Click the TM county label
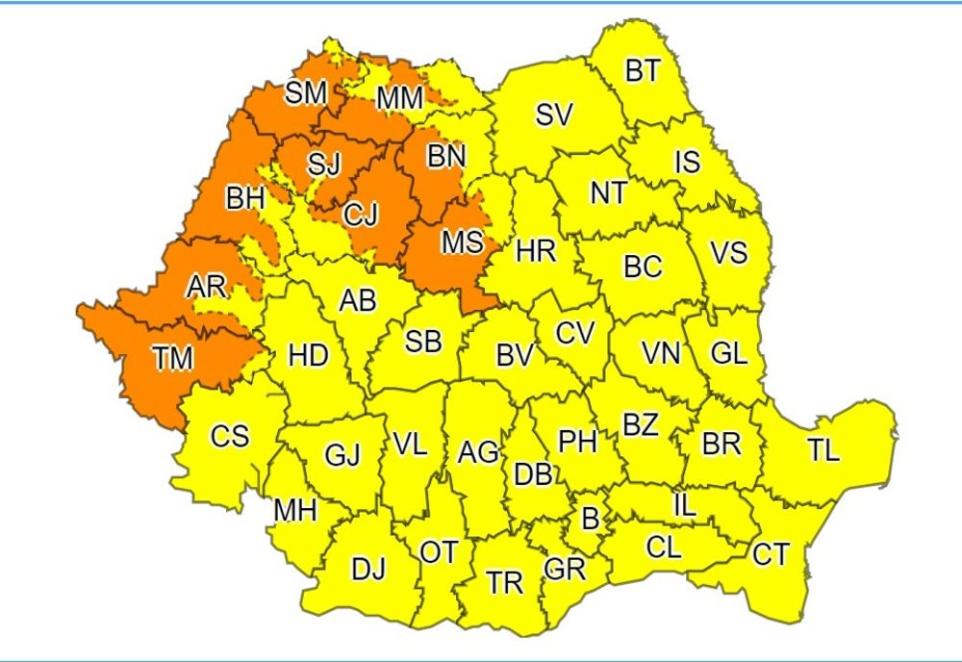pos(173,360)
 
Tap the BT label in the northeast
pos(642,71)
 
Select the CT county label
pos(771,555)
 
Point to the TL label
pos(823,449)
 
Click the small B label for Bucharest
pos(591,519)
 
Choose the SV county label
pos(554,115)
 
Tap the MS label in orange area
pos(462,242)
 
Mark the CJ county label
pos(361,216)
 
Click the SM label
pos(306,93)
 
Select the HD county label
pos(308,356)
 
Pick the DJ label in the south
pos(367,570)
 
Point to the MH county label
pos(295,511)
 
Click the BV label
pos(515,355)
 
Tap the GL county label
pos(728,353)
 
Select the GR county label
pos(565,569)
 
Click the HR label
pos(536,252)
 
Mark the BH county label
pos(245,199)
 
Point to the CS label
pos(230,437)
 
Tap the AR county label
pos(207,286)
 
